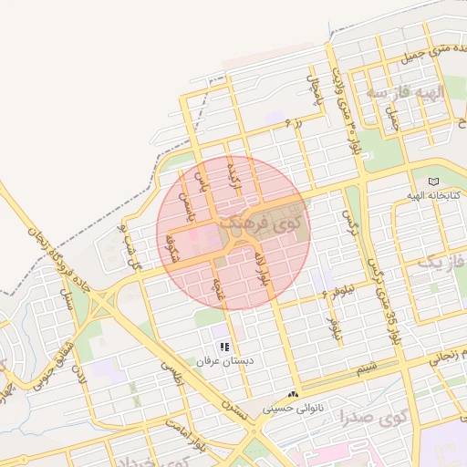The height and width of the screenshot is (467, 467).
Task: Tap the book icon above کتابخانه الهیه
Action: pyautogui.click(x=432, y=181)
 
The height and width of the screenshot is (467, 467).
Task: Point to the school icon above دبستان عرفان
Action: pyautogui.click(x=224, y=347)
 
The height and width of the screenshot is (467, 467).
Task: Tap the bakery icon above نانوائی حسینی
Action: pyautogui.click(x=293, y=394)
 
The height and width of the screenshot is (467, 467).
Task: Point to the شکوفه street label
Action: pyautogui.click(x=170, y=245)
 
